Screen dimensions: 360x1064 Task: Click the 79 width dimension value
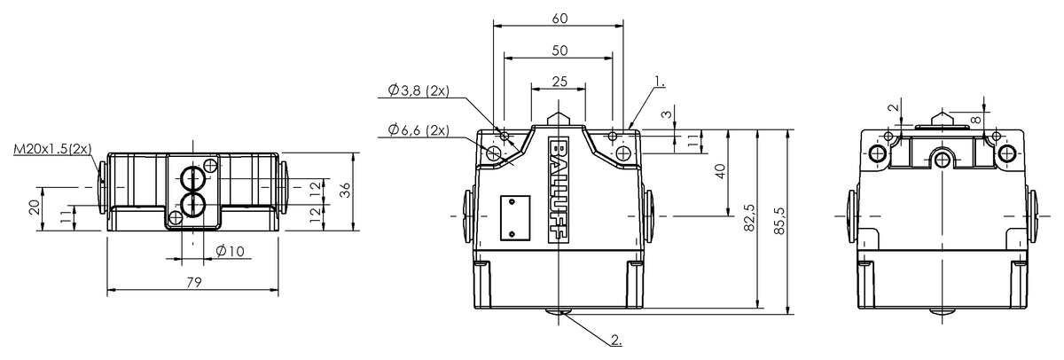(194, 282)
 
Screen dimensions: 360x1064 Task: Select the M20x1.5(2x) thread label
(52, 149)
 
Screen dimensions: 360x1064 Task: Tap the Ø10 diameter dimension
(230, 252)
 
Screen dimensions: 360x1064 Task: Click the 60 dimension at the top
(558, 18)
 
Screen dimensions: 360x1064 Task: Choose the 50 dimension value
(558, 51)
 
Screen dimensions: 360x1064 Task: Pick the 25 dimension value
(558, 82)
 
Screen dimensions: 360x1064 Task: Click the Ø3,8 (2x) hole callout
(418, 90)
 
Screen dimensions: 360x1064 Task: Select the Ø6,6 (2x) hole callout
(418, 130)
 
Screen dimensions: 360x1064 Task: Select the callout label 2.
(616, 339)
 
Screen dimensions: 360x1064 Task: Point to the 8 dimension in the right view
(976, 117)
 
